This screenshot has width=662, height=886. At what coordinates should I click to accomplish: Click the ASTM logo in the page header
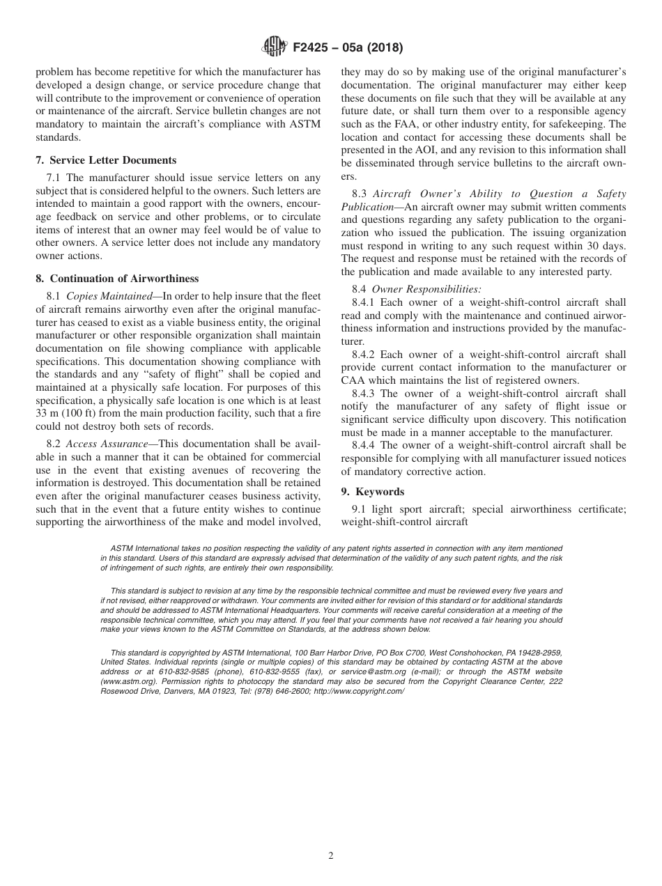tap(274, 48)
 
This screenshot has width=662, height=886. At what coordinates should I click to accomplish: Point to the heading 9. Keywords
tap(372, 492)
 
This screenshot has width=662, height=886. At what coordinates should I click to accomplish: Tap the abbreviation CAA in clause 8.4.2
tap(353, 380)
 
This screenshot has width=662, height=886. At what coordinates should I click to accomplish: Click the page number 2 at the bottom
tap(331, 856)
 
